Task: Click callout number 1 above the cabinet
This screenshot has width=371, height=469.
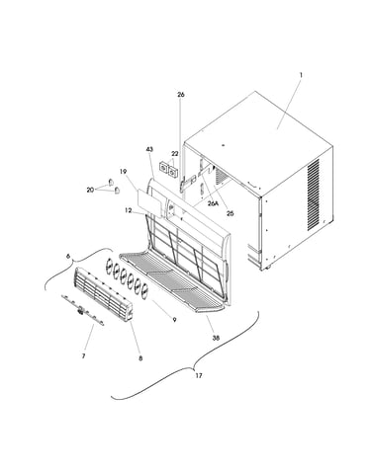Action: pos(301,75)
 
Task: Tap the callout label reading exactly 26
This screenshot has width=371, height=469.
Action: pos(181,95)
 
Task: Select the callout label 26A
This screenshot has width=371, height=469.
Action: pos(213,203)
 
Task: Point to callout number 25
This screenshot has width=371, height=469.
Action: pos(231,213)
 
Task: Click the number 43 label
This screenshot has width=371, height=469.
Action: pos(149,149)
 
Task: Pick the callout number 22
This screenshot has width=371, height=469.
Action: pos(175,154)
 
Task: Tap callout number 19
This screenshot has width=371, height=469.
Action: pos(124,172)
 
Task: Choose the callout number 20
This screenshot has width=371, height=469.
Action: pos(90,190)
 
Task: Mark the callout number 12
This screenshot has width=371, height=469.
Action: pos(129,210)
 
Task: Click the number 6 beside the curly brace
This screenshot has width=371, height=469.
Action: pos(68,257)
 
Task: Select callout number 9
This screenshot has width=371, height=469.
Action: pos(174,320)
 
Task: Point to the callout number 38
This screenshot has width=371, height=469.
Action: pos(216,338)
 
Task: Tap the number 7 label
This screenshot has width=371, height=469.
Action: pos(83,356)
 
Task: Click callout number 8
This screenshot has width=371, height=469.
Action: pos(140,358)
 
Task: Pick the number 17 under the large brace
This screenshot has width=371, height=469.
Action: pos(199,375)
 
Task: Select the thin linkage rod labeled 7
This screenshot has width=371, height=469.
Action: pos(82,310)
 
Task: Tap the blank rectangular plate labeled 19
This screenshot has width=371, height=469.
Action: pos(149,204)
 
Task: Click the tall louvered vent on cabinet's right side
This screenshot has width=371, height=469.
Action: pos(313,195)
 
